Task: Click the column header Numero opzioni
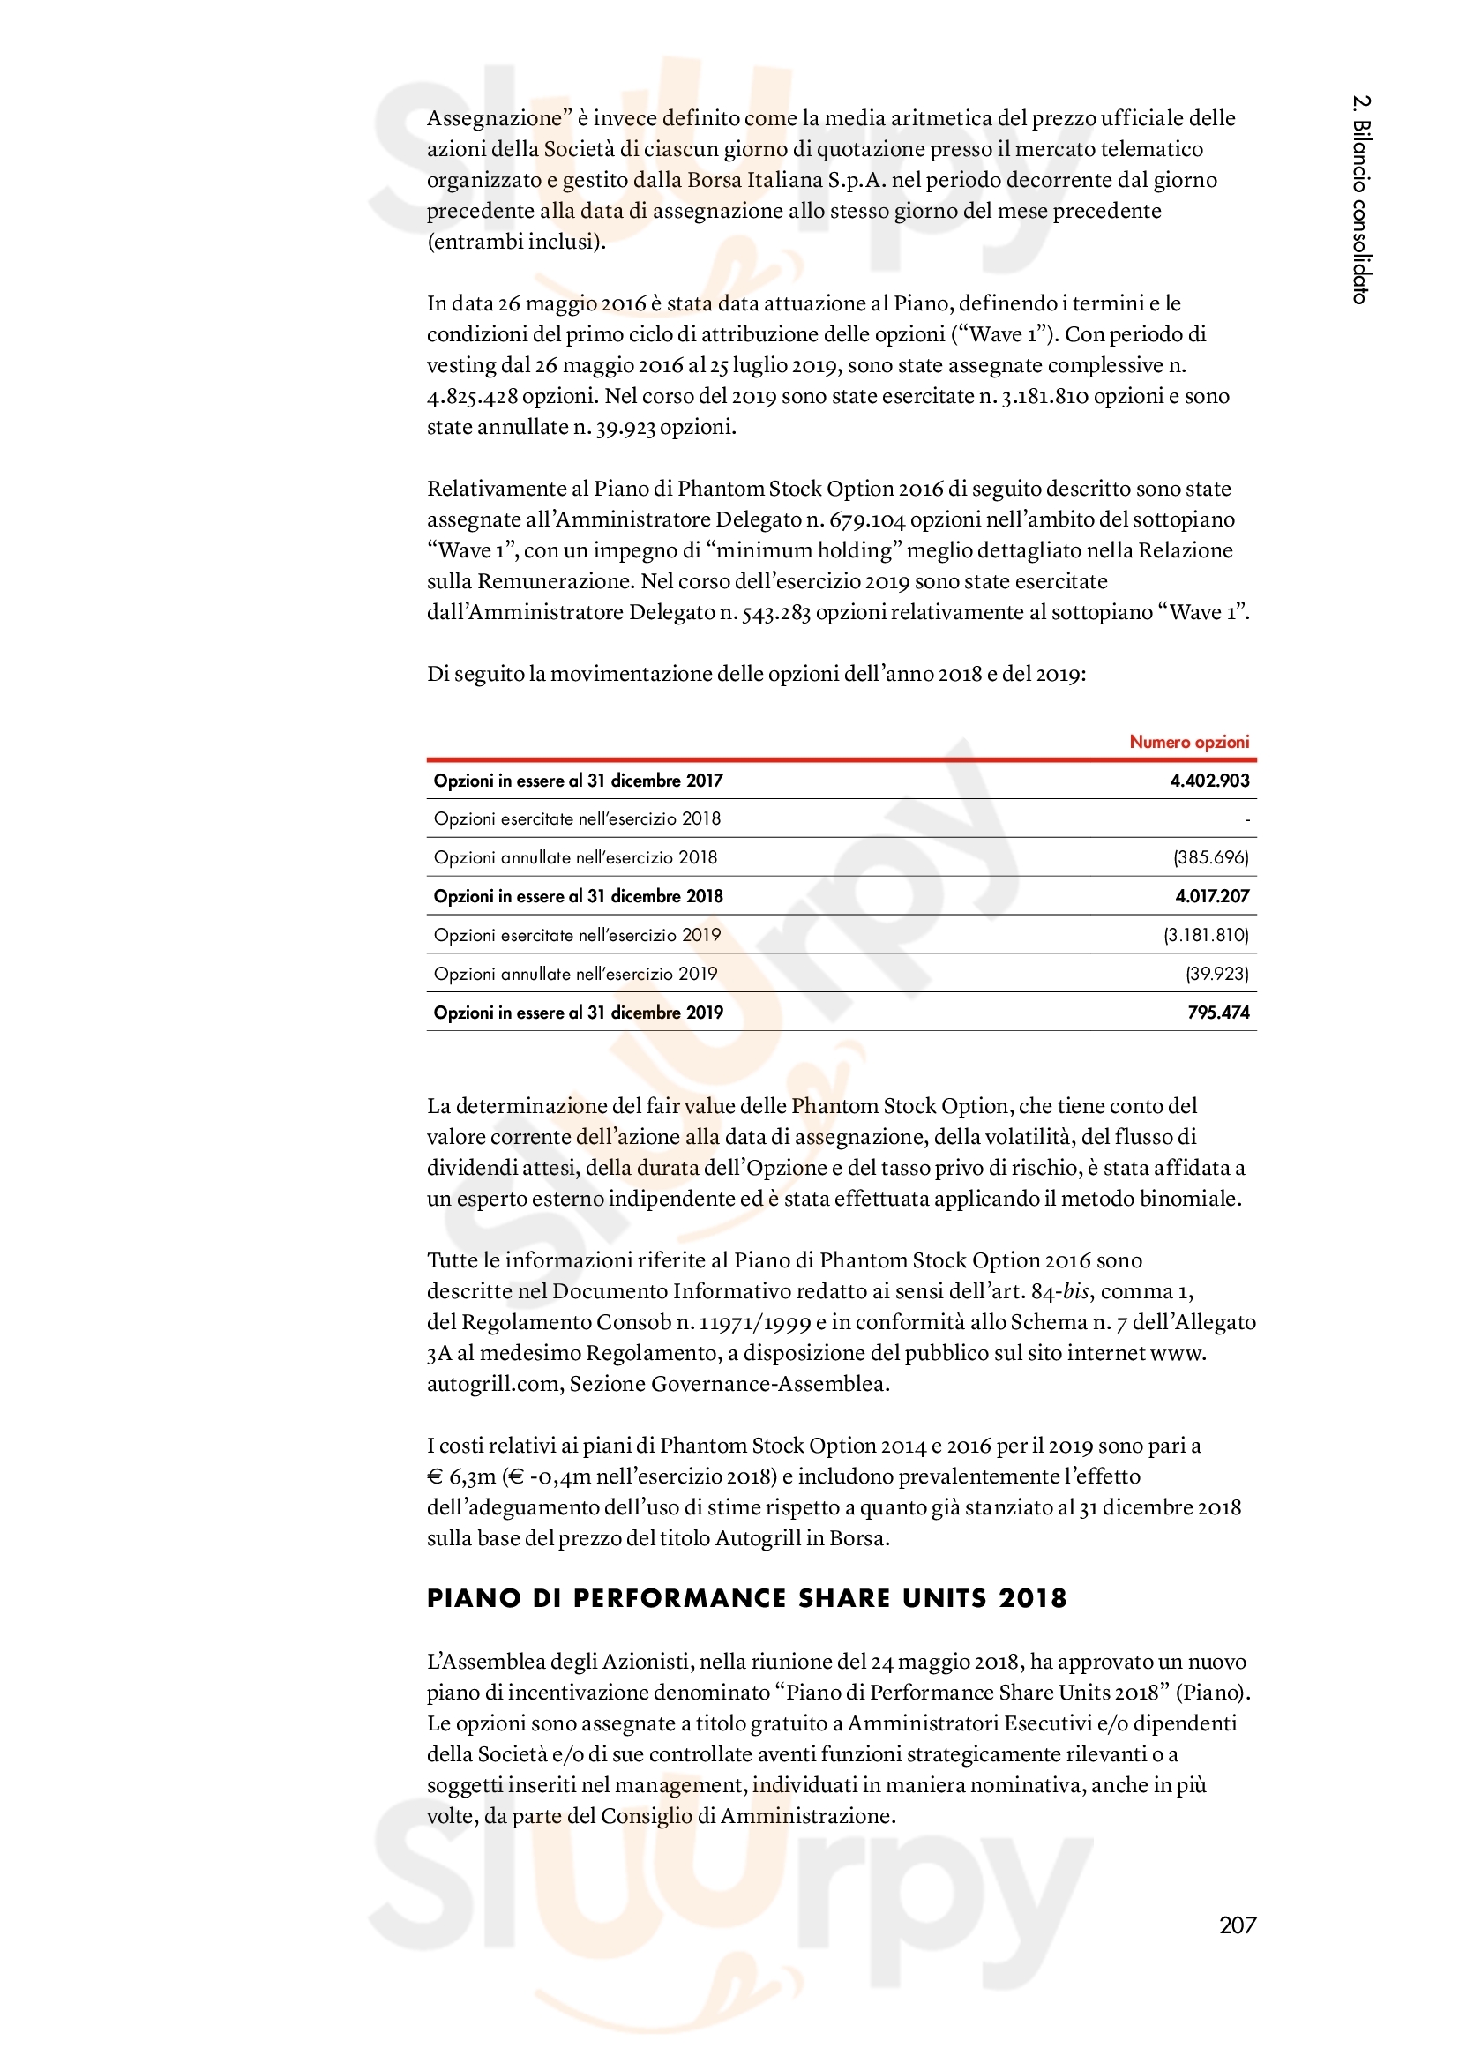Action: point(1188,741)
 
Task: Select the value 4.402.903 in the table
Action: point(1209,780)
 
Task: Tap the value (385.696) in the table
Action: point(1211,857)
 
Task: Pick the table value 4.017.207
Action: point(1212,896)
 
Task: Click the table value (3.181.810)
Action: point(1206,934)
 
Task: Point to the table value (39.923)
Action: point(1217,973)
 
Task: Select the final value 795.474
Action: point(1218,1012)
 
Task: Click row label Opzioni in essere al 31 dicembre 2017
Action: point(578,780)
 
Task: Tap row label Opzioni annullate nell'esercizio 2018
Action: point(575,857)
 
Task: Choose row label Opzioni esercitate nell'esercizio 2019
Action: point(577,934)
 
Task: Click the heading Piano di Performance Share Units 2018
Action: point(746,1597)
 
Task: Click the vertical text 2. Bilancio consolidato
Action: point(1361,199)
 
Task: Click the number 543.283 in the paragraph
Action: point(776,612)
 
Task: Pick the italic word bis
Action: point(1075,1291)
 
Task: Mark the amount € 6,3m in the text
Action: point(460,1476)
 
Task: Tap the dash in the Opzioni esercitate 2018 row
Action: point(1247,819)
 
